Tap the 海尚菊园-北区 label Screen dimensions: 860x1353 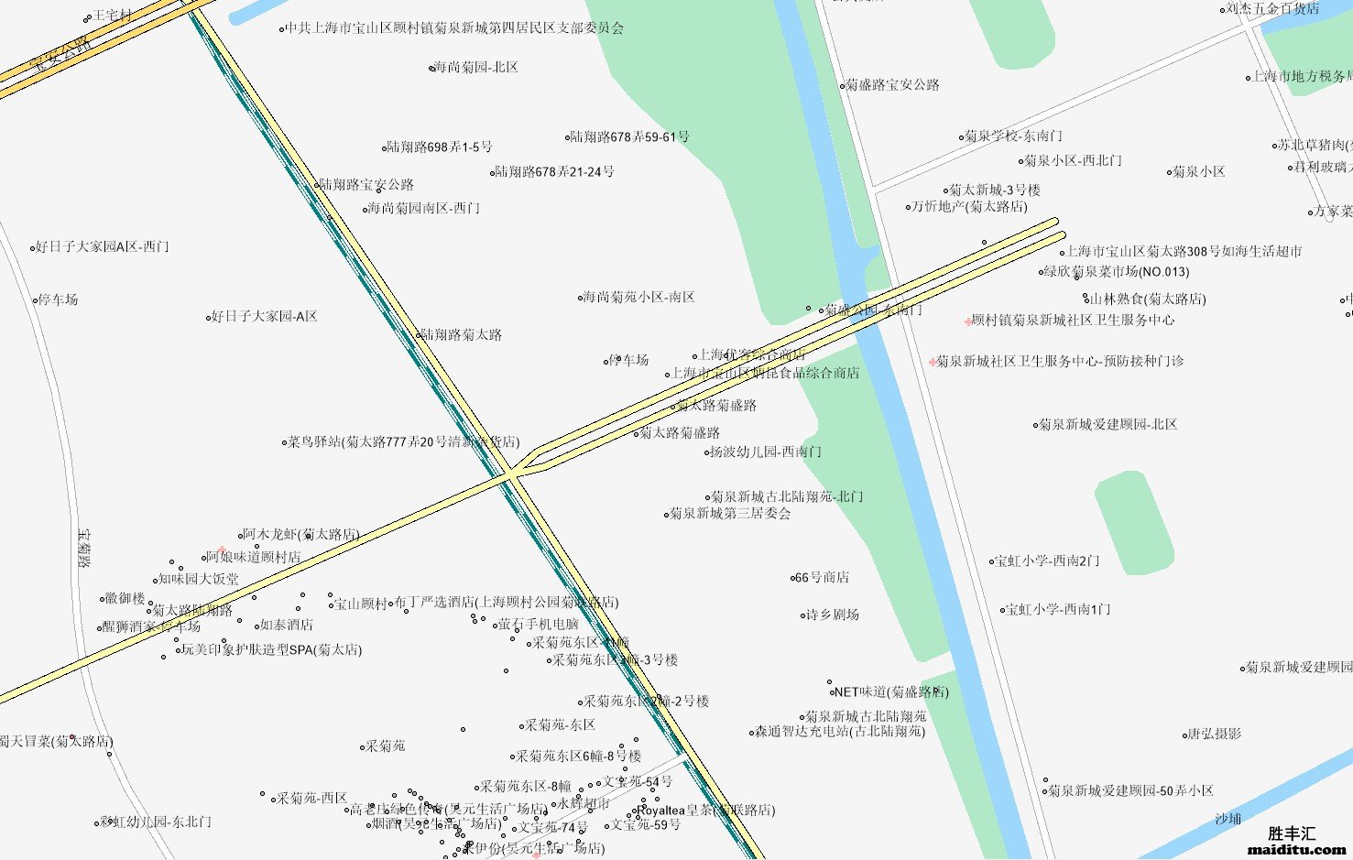coord(475,68)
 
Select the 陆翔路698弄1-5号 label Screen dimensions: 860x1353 coord(439,147)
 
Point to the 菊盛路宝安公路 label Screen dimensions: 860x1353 coord(891,85)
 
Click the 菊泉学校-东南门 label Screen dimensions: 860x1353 coord(1013,136)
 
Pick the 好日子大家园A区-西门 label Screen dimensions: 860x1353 coord(102,247)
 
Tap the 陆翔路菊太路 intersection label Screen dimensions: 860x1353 coord(461,335)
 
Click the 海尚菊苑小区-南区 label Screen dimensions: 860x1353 coord(638,298)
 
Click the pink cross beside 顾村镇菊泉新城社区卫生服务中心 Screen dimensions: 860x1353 coord(968,321)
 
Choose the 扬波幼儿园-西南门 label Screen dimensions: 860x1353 coord(766,452)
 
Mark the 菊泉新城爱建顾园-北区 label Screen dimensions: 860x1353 coord(1107,425)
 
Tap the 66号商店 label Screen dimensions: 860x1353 coord(822,578)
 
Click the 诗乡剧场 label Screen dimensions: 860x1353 coord(833,615)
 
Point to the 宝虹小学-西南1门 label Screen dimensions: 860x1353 coord(1058,610)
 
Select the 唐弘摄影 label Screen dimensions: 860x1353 coord(1215,735)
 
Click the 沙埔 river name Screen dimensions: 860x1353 coord(1228,819)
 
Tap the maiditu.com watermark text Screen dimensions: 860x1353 coord(1296,849)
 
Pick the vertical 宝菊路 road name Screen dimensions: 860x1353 coord(84,548)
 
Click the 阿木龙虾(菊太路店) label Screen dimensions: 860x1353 coord(300,535)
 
